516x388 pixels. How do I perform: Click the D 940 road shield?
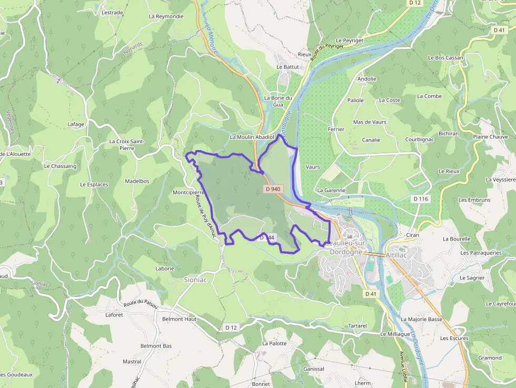[x=273, y=188]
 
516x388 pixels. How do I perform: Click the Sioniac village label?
[x=195, y=280]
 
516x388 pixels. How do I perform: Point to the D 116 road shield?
[x=421, y=198]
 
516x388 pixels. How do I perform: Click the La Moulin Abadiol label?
[x=252, y=137]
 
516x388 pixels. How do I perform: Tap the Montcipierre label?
[x=188, y=193]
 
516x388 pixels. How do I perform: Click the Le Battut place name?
[x=287, y=67]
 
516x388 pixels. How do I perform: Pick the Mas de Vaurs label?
[x=370, y=122]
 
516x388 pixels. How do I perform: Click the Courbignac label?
[x=419, y=140]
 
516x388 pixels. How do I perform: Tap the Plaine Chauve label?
[x=490, y=137]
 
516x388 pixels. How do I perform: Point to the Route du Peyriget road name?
[x=326, y=52]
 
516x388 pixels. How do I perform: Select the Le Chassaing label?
[x=60, y=166]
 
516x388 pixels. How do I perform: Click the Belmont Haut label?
[x=179, y=319]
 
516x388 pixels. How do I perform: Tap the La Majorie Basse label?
[x=421, y=320]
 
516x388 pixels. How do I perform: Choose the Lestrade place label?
[x=112, y=13]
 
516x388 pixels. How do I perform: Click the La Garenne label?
[x=331, y=190]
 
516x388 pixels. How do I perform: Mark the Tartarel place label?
[x=358, y=326]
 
